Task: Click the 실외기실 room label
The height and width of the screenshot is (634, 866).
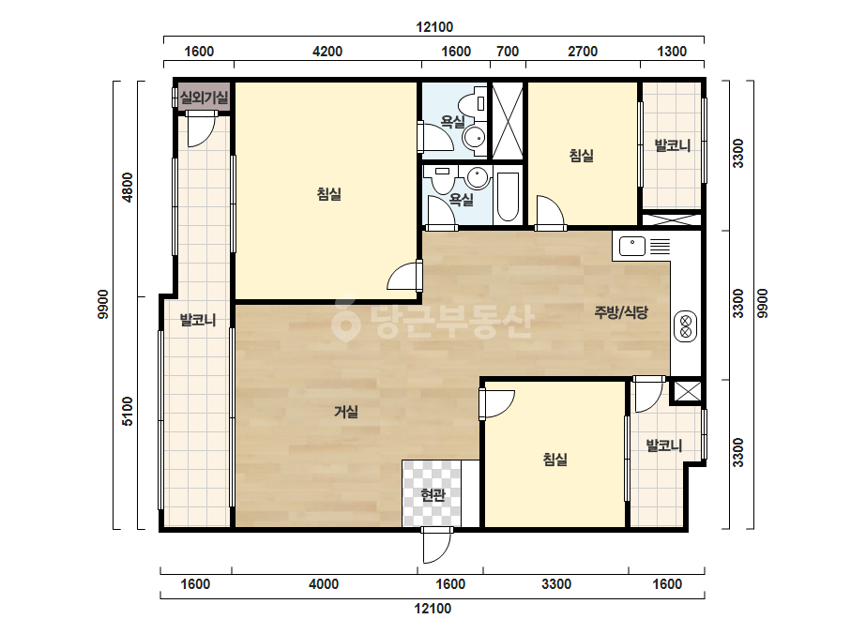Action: [204, 98]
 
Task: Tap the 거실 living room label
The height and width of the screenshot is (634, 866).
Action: [346, 412]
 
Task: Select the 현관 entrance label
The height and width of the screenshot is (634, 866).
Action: [433, 495]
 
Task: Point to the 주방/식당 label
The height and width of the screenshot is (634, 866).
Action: [621, 312]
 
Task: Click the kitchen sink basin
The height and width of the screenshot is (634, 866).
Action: [632, 246]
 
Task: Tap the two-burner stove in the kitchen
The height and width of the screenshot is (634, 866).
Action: [686, 326]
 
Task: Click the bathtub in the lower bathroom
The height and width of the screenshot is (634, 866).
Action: [508, 197]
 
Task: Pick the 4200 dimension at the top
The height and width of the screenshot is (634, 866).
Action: [327, 52]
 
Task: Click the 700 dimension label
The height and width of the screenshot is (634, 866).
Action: [508, 52]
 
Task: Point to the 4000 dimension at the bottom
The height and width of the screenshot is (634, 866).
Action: [324, 583]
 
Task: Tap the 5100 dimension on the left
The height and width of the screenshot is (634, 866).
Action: [128, 412]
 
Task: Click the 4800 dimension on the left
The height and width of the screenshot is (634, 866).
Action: [128, 188]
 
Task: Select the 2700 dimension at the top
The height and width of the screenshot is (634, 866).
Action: [583, 52]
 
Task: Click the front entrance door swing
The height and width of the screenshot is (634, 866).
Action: [437, 545]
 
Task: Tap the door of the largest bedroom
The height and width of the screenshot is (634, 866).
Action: [404, 275]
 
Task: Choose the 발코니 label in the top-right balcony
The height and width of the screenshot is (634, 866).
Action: [672, 145]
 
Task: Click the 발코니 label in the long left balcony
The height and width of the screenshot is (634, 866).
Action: [198, 320]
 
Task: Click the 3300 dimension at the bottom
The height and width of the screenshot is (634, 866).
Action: [556, 583]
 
